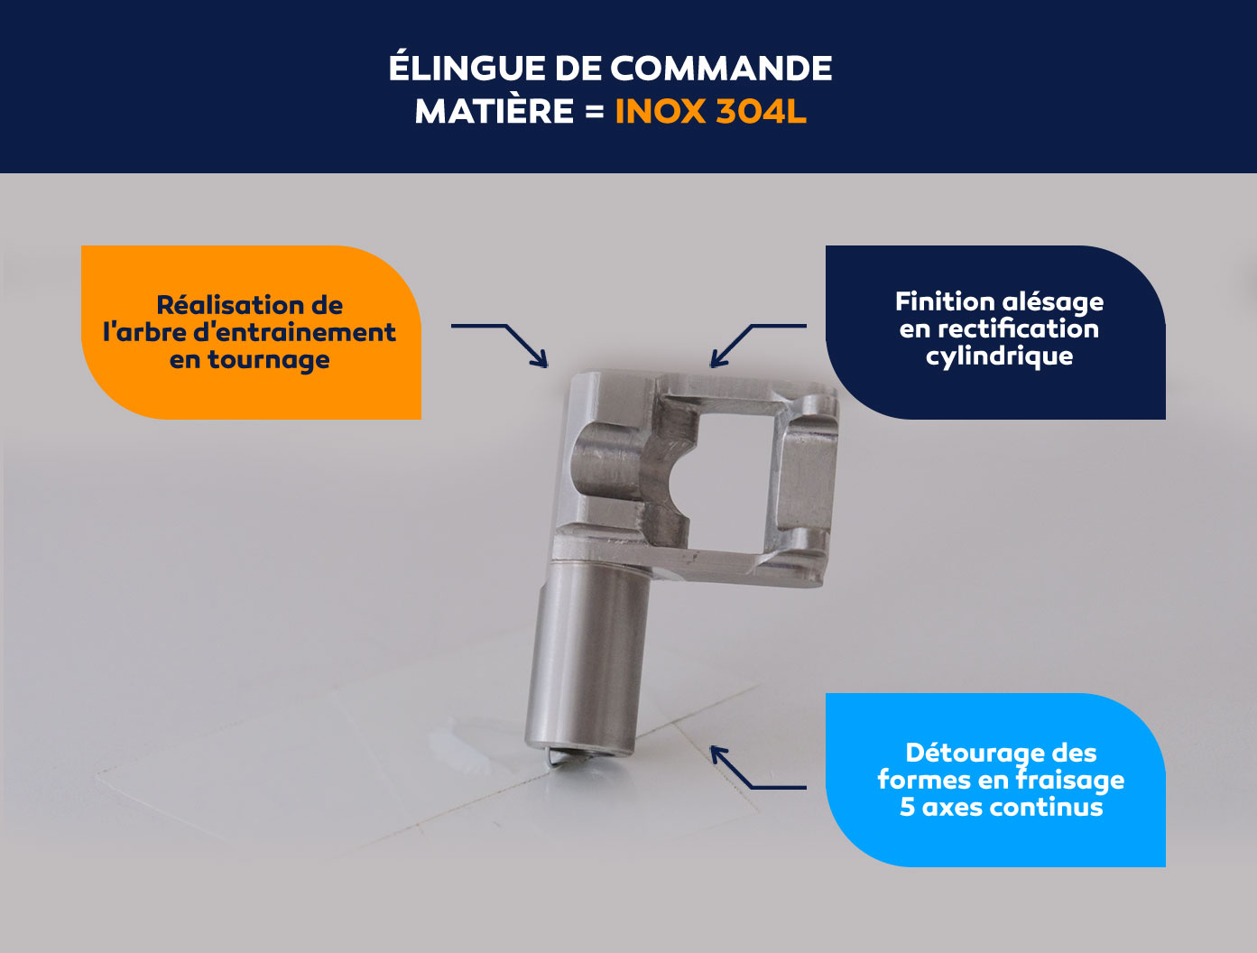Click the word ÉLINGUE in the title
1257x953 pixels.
[467, 69]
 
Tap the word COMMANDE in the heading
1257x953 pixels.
[721, 69]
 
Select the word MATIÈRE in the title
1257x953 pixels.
[494, 110]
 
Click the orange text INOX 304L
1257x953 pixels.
[711, 110]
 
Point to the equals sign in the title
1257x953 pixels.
[595, 110]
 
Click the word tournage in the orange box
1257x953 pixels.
[268, 360]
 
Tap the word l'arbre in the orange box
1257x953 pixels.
[144, 332]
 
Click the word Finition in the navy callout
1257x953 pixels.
[936, 301]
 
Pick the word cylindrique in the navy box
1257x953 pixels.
[999, 356]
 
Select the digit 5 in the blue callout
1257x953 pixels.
[908, 807]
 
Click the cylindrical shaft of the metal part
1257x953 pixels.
[588, 659]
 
